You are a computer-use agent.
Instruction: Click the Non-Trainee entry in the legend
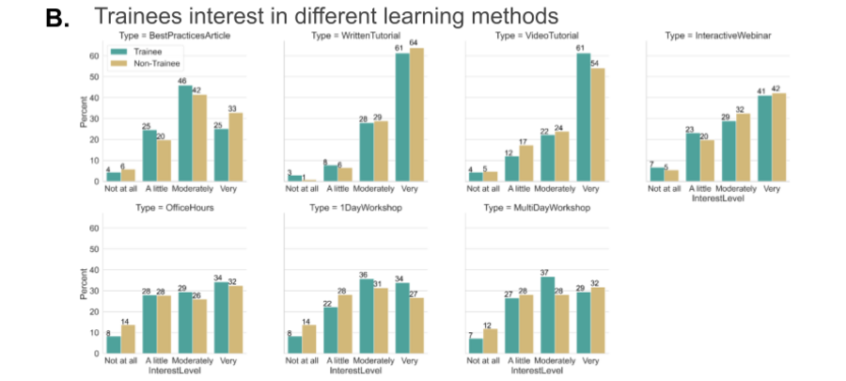(x=134, y=62)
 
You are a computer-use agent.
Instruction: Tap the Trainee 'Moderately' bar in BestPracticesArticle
(x=185, y=133)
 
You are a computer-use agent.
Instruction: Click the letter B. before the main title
(x=58, y=17)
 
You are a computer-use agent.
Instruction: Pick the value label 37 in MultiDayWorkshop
(x=546, y=272)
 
